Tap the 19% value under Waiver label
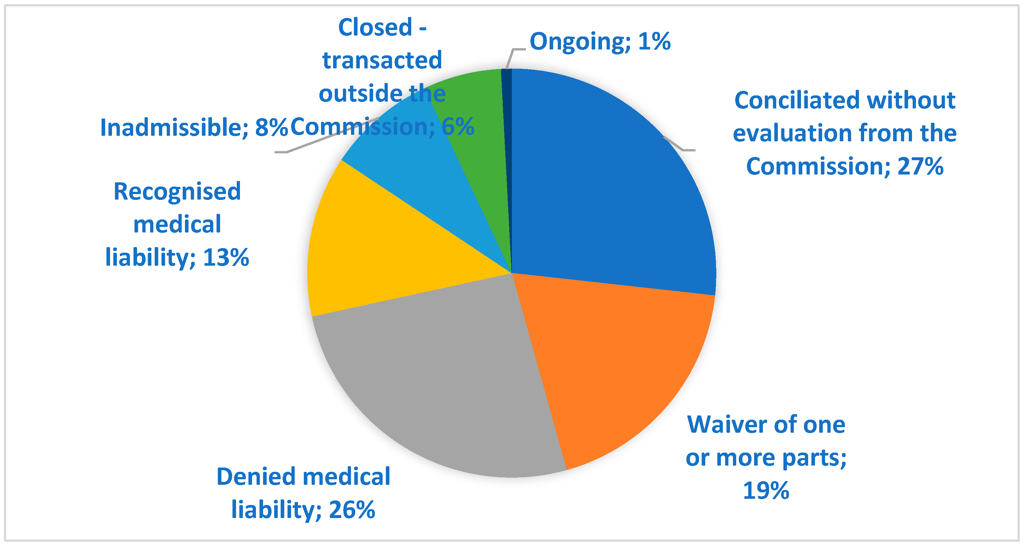point(766,491)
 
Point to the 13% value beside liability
point(226,258)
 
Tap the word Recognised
point(177,192)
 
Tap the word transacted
point(382,61)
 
